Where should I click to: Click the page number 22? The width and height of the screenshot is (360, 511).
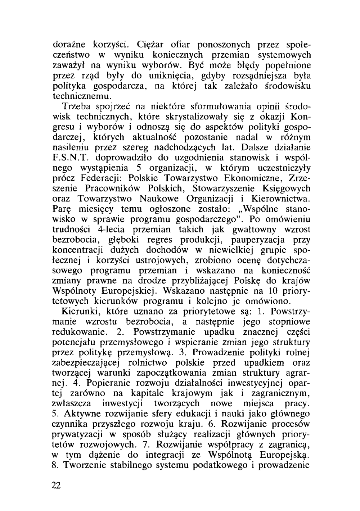[x=57, y=485]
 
